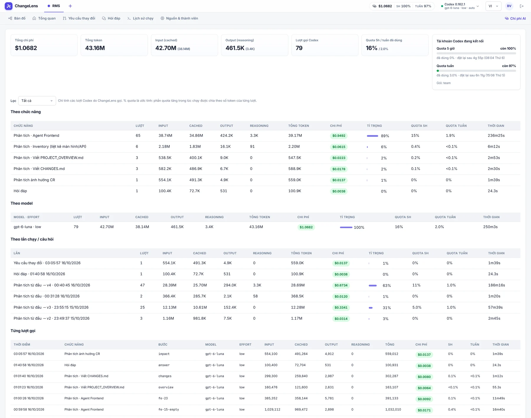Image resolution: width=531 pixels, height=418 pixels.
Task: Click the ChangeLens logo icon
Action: pyautogui.click(x=9, y=6)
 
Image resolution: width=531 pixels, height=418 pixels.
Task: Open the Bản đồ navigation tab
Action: pyautogui.click(x=17, y=18)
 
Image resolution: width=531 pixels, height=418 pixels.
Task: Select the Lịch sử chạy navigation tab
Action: pyautogui.click(x=140, y=18)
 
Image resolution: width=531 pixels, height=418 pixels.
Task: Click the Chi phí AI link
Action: pyautogui.click(x=515, y=18)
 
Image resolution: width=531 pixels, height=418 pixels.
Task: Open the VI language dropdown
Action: pyautogui.click(x=493, y=6)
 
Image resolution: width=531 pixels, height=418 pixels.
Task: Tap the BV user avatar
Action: pyautogui.click(x=509, y=6)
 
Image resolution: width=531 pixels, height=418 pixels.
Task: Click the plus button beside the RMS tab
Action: pyautogui.click(x=70, y=6)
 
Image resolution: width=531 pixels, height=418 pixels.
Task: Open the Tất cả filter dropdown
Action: pyautogui.click(x=37, y=101)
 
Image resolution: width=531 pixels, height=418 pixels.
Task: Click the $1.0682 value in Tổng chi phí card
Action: pyautogui.click(x=26, y=48)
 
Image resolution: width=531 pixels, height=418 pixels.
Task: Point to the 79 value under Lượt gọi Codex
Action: pyautogui.click(x=299, y=48)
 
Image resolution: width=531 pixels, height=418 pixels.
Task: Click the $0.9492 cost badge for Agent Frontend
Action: pyautogui.click(x=339, y=136)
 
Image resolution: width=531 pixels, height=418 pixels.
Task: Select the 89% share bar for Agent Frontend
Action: pyautogui.click(x=372, y=136)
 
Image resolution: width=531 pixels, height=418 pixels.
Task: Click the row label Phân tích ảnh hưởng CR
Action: pyautogui.click(x=34, y=180)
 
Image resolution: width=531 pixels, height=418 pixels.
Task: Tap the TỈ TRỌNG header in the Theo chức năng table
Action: pyautogui.click(x=374, y=126)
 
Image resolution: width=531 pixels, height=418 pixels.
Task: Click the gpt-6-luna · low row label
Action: pyautogui.click(x=27, y=227)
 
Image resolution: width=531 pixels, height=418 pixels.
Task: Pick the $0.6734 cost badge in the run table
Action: pyautogui.click(x=341, y=285)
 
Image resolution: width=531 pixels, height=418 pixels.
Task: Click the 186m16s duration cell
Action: pyautogui.click(x=496, y=285)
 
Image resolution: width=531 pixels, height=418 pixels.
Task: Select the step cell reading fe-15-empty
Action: pyautogui.click(x=169, y=409)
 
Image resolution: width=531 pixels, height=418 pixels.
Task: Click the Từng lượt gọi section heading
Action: pyautogui.click(x=23, y=331)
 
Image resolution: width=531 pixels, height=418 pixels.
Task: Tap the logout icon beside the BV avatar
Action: pyautogui.click(x=522, y=6)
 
